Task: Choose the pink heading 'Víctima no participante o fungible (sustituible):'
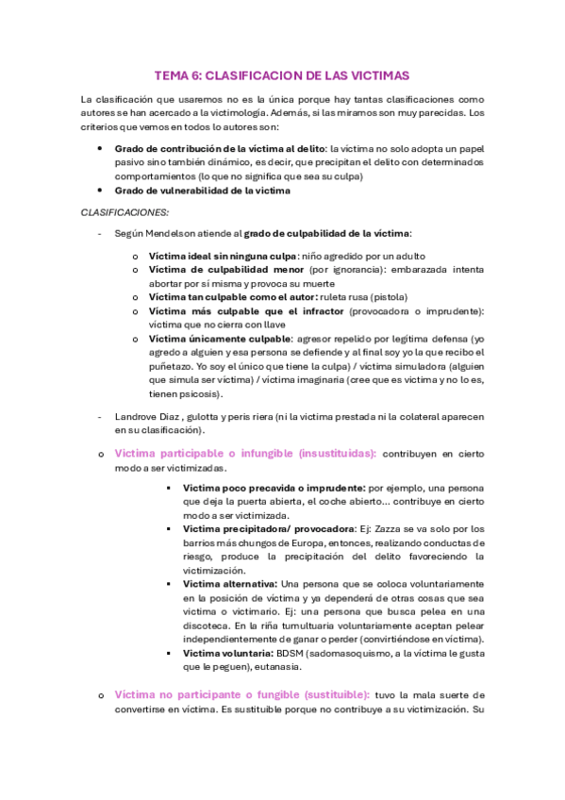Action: point(241,693)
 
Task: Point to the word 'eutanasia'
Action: point(274,666)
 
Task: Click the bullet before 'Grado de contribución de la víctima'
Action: point(101,149)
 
